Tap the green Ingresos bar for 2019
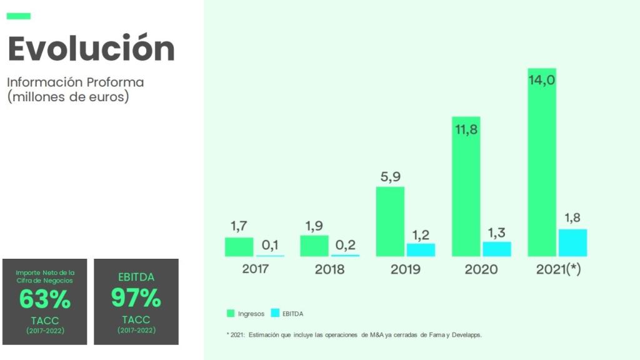(x=390, y=222)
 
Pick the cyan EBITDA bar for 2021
(x=572, y=242)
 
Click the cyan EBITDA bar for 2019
(x=421, y=249)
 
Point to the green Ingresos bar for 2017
(x=239, y=247)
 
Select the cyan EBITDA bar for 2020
(x=497, y=249)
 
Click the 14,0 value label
(x=542, y=80)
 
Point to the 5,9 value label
(x=390, y=177)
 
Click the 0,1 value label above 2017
(x=270, y=244)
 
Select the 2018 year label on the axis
(x=329, y=270)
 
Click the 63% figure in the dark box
(x=44, y=300)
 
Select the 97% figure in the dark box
(x=136, y=298)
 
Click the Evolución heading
(x=91, y=49)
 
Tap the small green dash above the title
(x=18, y=16)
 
